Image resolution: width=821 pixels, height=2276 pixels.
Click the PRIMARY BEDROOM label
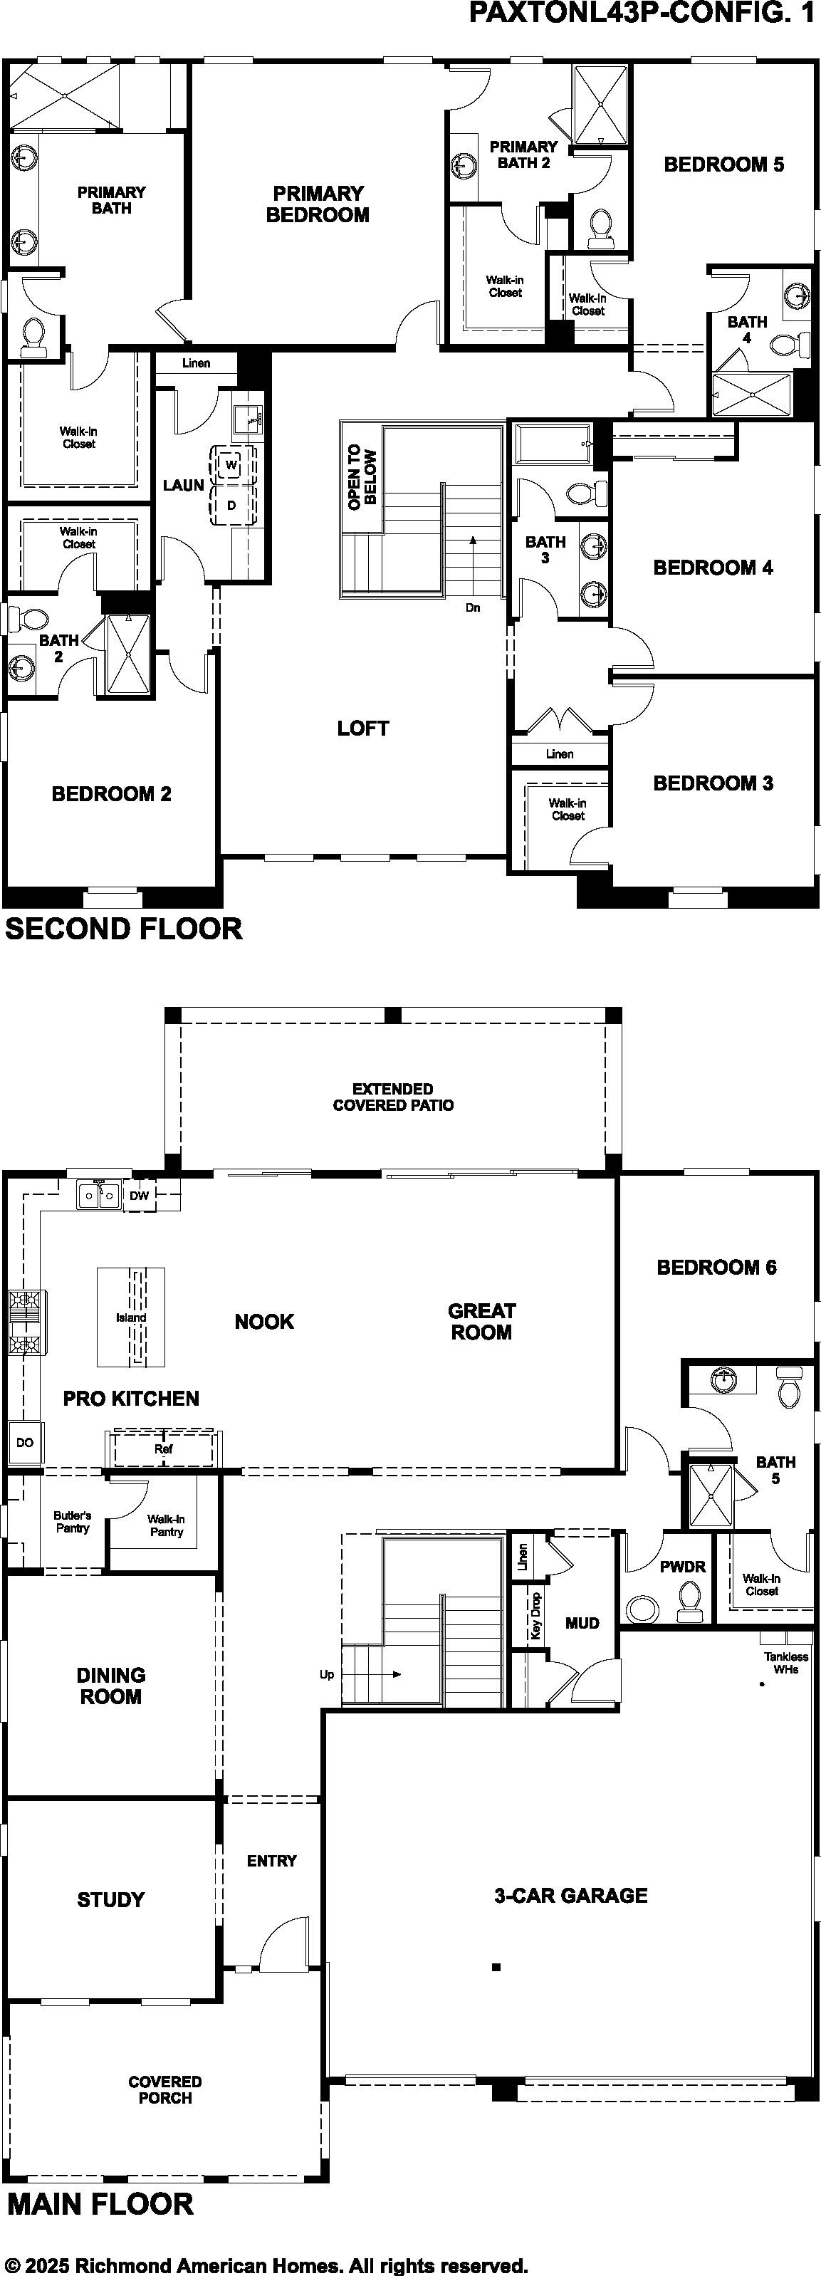[x=318, y=204]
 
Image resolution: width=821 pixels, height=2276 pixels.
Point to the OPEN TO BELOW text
[x=362, y=477]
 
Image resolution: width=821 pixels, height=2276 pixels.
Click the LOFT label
[x=363, y=728]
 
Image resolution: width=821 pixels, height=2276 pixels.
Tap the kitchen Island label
[x=131, y=1317]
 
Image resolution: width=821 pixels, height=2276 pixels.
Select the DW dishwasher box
[x=140, y=1196]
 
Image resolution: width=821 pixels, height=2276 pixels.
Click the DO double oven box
[x=25, y=1442]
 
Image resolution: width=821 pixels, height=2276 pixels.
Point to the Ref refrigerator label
[x=164, y=1449]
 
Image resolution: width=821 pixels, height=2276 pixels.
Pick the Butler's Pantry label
[x=73, y=1521]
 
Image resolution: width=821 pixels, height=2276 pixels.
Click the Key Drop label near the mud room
[x=535, y=1617]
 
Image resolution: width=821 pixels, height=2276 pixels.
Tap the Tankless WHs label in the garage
[x=785, y=1663]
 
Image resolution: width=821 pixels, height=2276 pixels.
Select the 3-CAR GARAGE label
[x=571, y=1895]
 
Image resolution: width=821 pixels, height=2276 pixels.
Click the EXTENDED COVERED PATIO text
[x=393, y=1097]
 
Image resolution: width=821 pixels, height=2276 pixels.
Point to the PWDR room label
[x=683, y=1567]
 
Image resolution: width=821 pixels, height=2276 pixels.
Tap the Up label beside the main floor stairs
[x=327, y=1674]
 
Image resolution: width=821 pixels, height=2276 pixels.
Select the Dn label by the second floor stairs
[x=473, y=608]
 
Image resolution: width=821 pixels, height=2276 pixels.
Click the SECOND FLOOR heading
[x=124, y=929]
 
